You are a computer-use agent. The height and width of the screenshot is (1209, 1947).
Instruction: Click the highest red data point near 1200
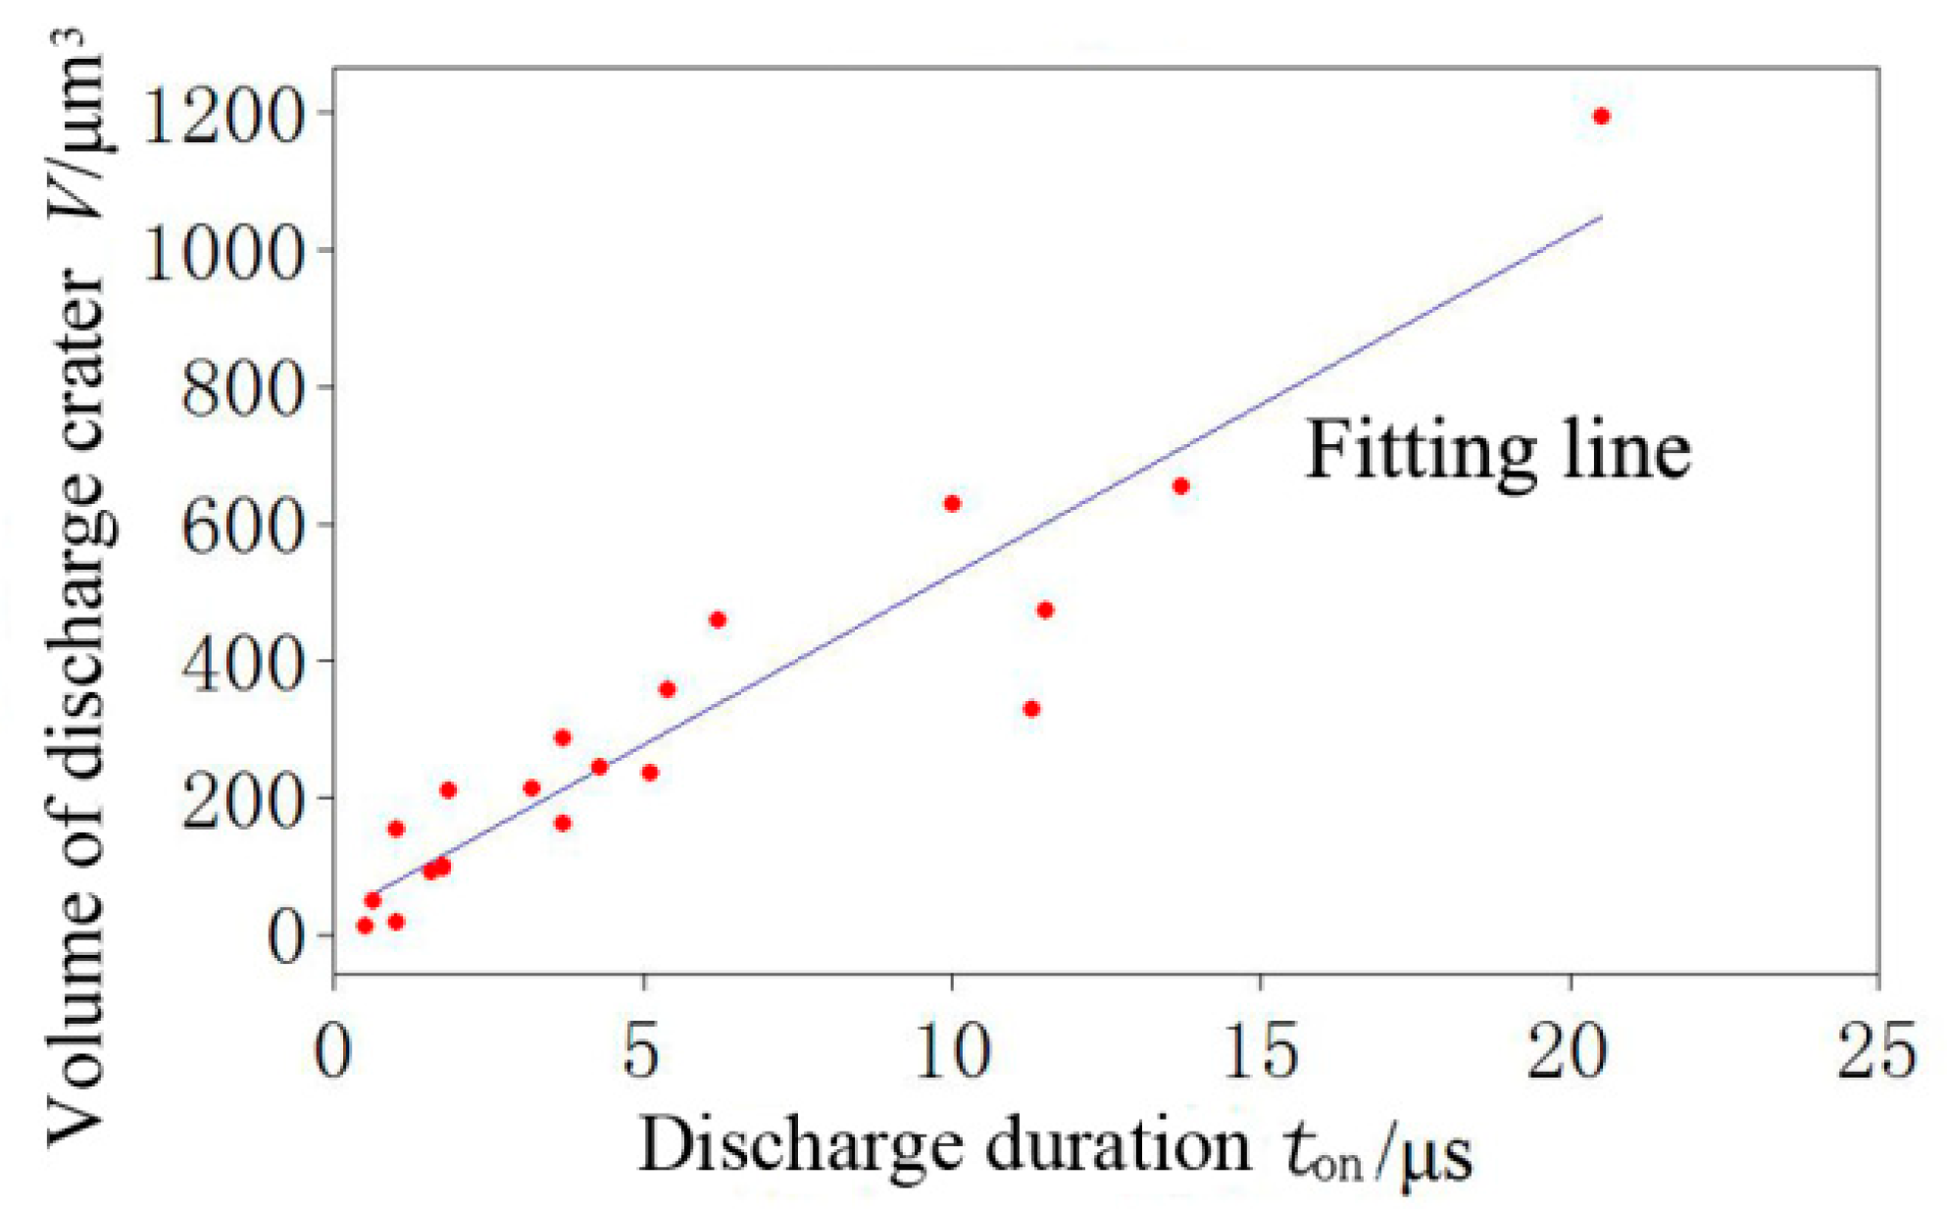1601,117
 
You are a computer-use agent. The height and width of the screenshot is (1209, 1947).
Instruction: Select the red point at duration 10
952,503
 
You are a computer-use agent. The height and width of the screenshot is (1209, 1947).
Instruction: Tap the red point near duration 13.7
1181,486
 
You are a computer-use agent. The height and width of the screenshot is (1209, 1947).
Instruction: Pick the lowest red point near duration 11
1031,709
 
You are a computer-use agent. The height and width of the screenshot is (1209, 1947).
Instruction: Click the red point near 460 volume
718,620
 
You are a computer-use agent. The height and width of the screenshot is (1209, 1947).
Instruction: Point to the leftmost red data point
365,926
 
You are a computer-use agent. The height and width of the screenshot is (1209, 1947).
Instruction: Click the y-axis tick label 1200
221,118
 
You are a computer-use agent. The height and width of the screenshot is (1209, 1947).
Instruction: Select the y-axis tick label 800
240,390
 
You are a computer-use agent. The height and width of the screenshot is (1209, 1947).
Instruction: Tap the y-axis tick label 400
240,664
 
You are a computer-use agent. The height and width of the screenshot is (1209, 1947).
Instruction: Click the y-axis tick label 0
286,936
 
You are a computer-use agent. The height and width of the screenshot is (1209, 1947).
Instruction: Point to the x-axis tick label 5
641,1051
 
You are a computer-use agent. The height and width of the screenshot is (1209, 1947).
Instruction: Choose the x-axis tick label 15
1259,1051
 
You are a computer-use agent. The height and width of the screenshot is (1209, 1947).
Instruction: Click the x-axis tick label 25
1876,1051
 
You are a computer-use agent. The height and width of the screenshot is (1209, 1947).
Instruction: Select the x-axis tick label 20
1568,1051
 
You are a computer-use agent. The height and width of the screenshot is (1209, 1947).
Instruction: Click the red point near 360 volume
668,689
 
